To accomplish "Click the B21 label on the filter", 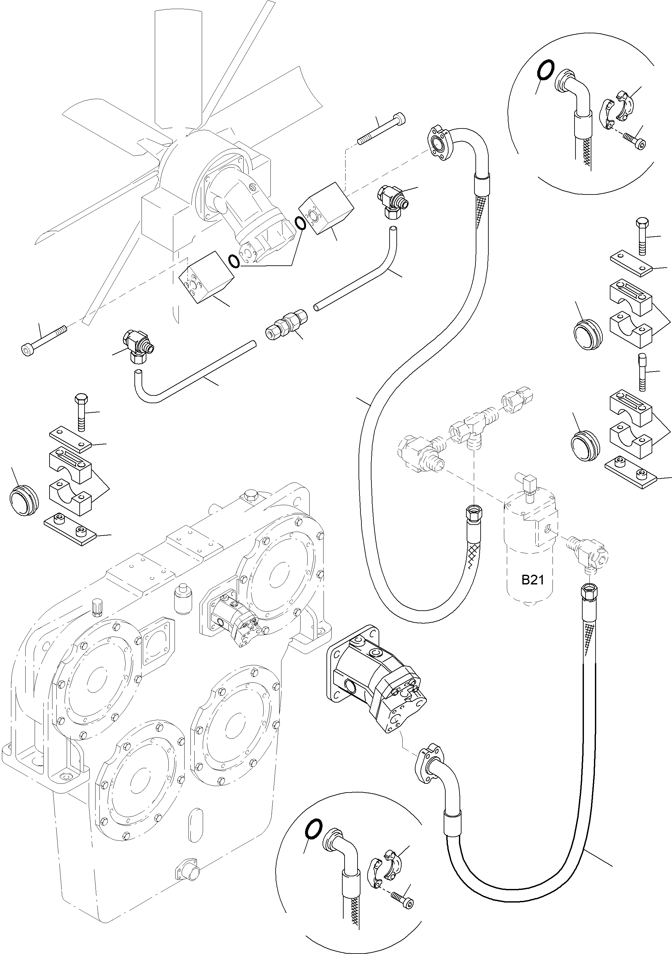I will pyautogui.click(x=532, y=580).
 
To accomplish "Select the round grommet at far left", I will pyautogui.click(x=23, y=501).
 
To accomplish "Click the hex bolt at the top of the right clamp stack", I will pyautogui.click(x=641, y=235).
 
